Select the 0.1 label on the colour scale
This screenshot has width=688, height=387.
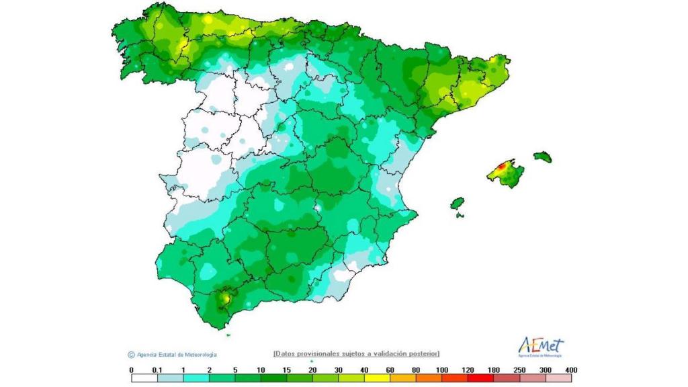pyautogui.click(x=157, y=370)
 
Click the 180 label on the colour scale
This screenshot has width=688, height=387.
pyautogui.click(x=494, y=370)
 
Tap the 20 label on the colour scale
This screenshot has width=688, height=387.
pyautogui.click(x=313, y=370)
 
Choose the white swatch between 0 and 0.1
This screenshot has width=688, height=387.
pyautogui.click(x=144, y=378)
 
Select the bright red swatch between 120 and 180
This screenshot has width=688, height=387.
pyautogui.click(x=481, y=378)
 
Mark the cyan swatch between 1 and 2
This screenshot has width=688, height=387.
pyautogui.click(x=196, y=378)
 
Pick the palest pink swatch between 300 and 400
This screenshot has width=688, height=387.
pyautogui.click(x=559, y=378)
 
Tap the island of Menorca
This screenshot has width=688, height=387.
pyautogui.click(x=543, y=157)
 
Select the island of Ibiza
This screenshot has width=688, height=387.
pyautogui.click(x=457, y=203)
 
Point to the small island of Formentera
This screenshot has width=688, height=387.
pyautogui.click(x=460, y=215)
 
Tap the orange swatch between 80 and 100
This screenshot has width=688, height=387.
pyautogui.click(x=429, y=378)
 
